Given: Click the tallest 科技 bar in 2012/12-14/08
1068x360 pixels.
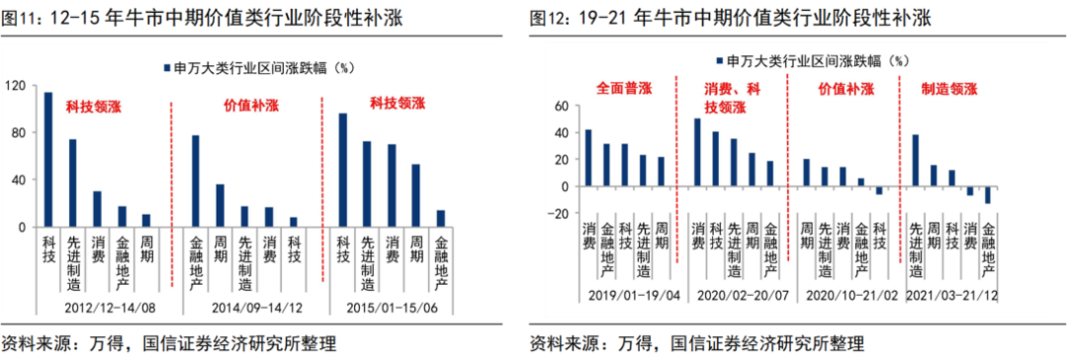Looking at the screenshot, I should pos(47,159).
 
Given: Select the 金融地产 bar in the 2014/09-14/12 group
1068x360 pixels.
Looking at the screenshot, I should pos(195,181).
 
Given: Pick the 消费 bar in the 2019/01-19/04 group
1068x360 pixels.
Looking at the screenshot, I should pos(587,158).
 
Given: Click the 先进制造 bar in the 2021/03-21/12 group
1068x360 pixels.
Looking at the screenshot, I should pos(915,160).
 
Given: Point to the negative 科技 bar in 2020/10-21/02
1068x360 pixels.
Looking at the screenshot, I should pos(878,190).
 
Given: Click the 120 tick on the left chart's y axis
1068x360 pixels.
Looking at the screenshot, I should pos(15,86).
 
